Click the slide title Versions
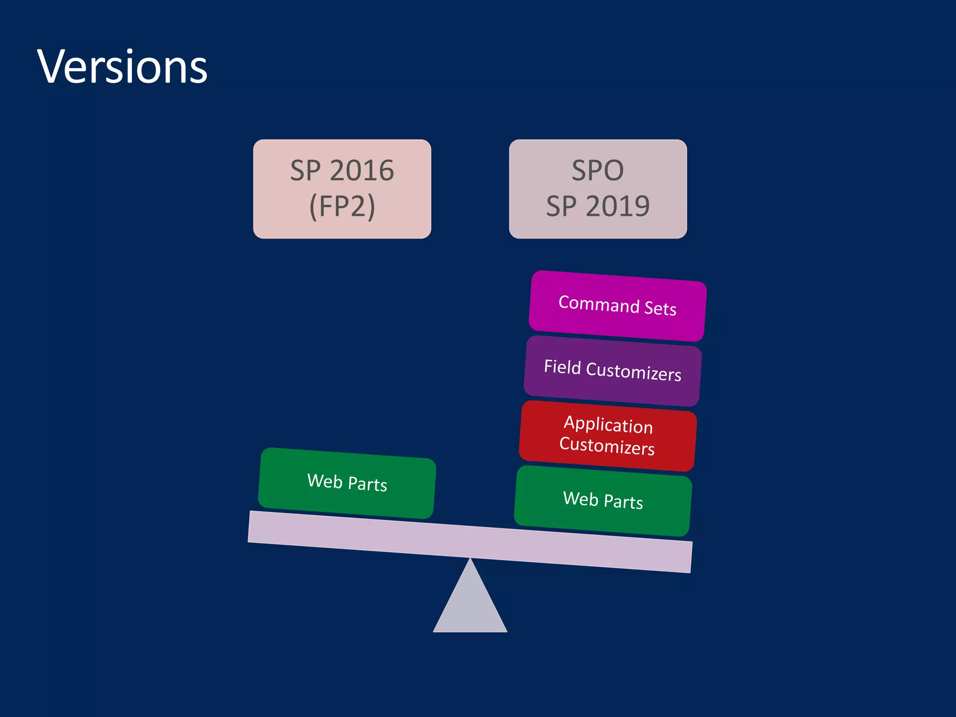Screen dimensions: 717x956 (122, 67)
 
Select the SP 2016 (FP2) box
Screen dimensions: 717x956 (342, 189)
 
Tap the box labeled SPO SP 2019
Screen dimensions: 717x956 (598, 189)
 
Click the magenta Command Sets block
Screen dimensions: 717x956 (617, 306)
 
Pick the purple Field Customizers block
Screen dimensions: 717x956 (612, 371)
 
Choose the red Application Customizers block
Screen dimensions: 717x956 (608, 436)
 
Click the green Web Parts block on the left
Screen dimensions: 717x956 (347, 483)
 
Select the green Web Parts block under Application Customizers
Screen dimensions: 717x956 (603, 500)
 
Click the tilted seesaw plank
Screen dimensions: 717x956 (470, 541)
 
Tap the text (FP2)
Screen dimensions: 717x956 (342, 206)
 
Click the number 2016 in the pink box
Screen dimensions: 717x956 (362, 170)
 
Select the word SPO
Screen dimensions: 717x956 (598, 170)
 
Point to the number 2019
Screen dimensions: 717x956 (618, 206)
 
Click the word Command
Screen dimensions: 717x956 (599, 304)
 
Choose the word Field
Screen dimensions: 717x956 (562, 367)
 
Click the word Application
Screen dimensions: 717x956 (608, 425)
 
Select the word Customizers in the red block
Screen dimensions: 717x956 (607, 446)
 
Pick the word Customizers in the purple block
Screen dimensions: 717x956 (633, 372)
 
